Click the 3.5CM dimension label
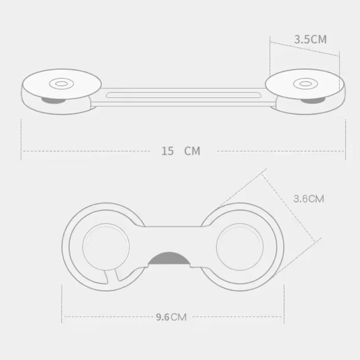(310, 39)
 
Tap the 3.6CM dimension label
(309, 199)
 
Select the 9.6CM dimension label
(171, 317)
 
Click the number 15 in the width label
(168, 151)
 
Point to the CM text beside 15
(192, 151)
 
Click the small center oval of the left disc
(62, 84)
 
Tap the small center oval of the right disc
(306, 84)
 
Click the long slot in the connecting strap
(183, 95)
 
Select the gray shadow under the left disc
(53, 101)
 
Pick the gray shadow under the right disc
(313, 101)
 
